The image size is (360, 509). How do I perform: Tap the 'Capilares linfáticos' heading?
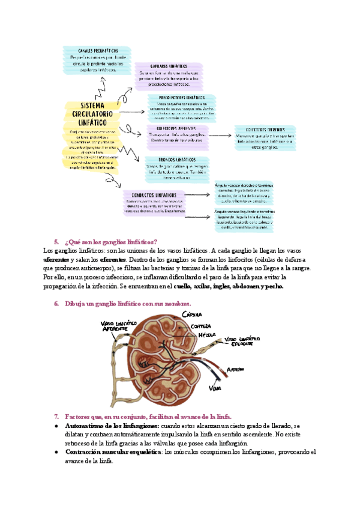(x=164, y=66)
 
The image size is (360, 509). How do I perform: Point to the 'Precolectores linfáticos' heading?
(x=182, y=97)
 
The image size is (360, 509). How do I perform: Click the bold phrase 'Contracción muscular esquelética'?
(x=112, y=451)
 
